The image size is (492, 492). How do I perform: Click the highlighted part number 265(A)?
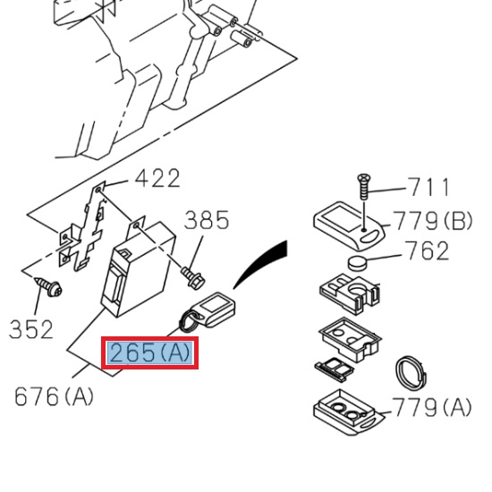pos(149,353)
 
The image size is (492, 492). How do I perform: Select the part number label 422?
pos(157,179)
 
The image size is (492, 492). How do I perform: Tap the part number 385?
pos(207,220)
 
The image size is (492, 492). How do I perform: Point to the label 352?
pos(31,329)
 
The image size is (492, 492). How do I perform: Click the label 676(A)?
pos(54,395)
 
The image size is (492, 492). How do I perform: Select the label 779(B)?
pos(432,220)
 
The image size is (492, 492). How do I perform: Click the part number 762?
pos(427,251)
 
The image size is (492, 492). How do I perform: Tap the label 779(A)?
pos(432,408)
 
